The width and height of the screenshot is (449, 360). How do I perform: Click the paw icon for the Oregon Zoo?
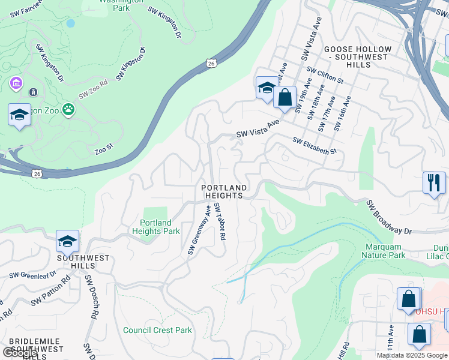(x=69, y=110)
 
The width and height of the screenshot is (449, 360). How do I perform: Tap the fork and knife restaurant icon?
(x=434, y=182)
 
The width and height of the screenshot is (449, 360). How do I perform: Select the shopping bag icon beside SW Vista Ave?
(x=285, y=97)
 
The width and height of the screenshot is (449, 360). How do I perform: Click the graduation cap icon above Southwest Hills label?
(x=67, y=241)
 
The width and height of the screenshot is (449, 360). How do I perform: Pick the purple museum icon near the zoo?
(x=15, y=82)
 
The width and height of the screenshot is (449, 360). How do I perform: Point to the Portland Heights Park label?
(x=156, y=227)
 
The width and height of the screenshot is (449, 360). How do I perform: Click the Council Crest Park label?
(x=157, y=330)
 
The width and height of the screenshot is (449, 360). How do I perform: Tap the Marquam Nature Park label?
(x=383, y=251)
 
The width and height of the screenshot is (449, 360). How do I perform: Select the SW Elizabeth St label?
(x=315, y=146)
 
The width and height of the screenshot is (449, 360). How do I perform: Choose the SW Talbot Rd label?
(x=219, y=221)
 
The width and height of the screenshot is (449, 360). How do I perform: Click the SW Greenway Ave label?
(x=200, y=229)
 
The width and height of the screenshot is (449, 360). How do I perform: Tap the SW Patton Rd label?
(x=50, y=289)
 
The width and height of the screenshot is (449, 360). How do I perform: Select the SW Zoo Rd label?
(x=92, y=92)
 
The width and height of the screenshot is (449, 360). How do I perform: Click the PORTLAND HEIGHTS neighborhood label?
(x=224, y=191)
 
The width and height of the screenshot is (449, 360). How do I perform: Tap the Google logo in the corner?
(x=20, y=353)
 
